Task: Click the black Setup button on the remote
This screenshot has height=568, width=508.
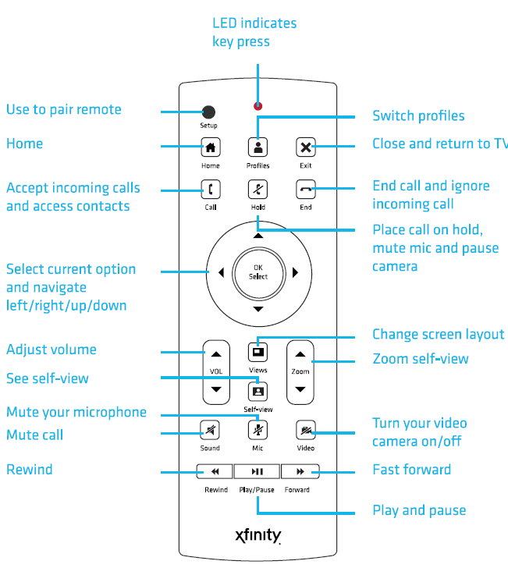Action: point(208,111)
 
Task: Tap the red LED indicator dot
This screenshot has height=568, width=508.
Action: point(258,106)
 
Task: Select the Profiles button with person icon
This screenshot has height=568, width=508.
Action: point(258,147)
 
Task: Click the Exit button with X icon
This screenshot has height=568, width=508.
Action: point(306,147)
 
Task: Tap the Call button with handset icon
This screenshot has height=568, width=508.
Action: point(210,189)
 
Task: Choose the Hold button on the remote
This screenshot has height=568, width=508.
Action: point(258,189)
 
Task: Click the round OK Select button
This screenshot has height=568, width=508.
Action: point(258,272)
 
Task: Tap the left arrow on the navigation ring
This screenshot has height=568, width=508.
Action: point(221,273)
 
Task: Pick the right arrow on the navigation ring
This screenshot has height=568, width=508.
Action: point(296,273)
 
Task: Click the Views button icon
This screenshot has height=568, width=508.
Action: point(258,350)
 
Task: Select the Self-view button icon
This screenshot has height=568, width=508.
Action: point(258,389)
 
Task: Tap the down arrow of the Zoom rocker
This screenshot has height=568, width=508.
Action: point(300,389)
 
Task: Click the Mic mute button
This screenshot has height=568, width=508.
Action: point(258,429)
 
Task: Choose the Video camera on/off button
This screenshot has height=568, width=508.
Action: point(306,429)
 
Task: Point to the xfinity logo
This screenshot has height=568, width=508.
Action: point(258,536)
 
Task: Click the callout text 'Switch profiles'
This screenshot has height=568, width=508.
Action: point(418,116)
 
